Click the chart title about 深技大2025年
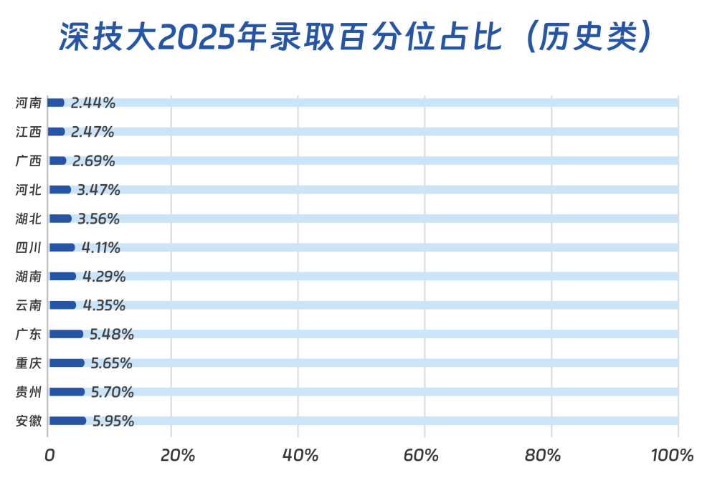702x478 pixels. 355,38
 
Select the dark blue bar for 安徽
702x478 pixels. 67,421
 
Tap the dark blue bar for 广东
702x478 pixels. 65,334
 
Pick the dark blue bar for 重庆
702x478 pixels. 66,363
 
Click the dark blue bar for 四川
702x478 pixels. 61,247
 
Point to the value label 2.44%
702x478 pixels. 93,102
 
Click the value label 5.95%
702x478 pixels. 113,421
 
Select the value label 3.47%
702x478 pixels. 98,190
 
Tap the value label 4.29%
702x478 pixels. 104,276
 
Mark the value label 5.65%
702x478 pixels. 111,363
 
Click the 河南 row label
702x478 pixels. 29,102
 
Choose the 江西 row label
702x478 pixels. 29,132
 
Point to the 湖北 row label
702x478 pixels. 29,219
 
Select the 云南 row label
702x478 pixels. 29,305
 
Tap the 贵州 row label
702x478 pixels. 29,392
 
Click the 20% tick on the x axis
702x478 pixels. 177,455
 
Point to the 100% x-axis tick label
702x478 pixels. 673,455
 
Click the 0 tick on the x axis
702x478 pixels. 49,455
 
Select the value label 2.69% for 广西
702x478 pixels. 94,161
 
